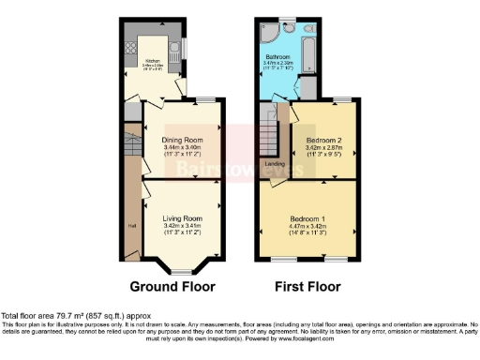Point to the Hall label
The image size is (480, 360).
(130, 226)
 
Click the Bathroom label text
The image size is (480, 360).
(278, 57)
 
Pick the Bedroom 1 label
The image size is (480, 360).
(307, 217)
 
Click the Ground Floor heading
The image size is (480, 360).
(172, 286)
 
